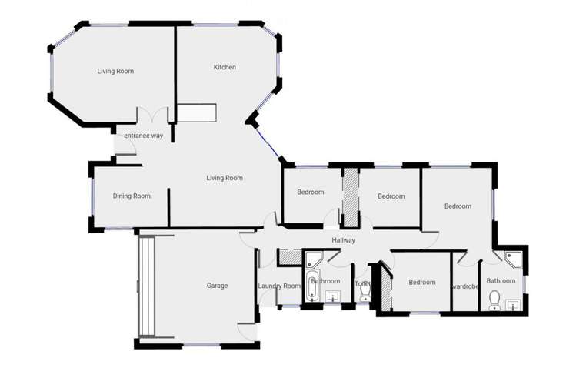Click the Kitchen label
[x=225, y=68]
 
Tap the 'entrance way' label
[x=144, y=136]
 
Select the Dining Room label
[x=132, y=196]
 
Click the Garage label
[x=217, y=286]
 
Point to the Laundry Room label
[x=281, y=286]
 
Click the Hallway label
[x=343, y=241]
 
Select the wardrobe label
[x=465, y=286]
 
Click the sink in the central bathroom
[x=332, y=296]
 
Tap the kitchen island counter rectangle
[x=198, y=113]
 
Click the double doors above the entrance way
[x=151, y=115]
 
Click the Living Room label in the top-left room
[x=115, y=72]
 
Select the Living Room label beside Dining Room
[x=225, y=179]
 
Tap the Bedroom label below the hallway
[x=422, y=283]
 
